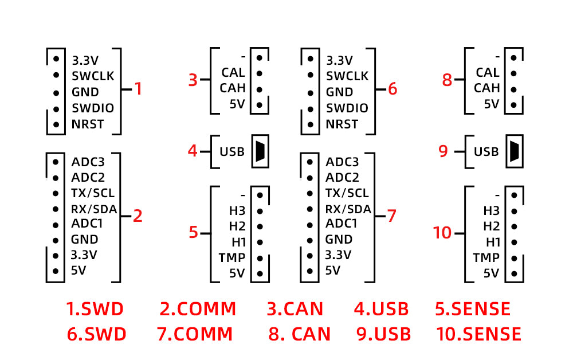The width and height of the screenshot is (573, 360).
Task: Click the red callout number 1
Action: click(138, 89)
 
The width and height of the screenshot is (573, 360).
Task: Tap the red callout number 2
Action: click(138, 216)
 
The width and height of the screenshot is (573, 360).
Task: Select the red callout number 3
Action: click(193, 80)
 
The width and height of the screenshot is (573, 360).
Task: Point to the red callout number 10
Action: click(442, 233)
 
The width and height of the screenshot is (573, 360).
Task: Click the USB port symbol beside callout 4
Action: click(260, 151)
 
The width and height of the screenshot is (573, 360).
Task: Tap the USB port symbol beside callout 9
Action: click(513, 151)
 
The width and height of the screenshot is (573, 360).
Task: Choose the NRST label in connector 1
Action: click(88, 124)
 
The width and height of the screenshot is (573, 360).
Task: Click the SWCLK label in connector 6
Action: click(347, 76)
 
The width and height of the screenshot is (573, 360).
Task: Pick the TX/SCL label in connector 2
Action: click(92, 193)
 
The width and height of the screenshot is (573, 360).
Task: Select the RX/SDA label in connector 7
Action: click(348, 209)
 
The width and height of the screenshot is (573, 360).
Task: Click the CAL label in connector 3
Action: click(233, 73)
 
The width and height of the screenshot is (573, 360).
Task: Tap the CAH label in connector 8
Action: click(487, 88)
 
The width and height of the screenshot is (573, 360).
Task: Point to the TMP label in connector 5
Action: click(231, 257)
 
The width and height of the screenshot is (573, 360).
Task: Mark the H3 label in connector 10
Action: click(491, 210)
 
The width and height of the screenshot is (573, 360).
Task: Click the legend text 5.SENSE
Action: click(473, 309)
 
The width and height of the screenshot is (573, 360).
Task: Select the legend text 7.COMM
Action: click(195, 334)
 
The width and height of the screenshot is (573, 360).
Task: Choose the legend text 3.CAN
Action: click(295, 309)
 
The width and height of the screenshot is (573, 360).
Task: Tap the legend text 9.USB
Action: click(383, 334)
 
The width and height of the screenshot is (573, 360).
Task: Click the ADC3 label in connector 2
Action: click(88, 162)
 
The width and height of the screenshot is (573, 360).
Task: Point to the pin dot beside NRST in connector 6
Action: click(310, 124)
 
